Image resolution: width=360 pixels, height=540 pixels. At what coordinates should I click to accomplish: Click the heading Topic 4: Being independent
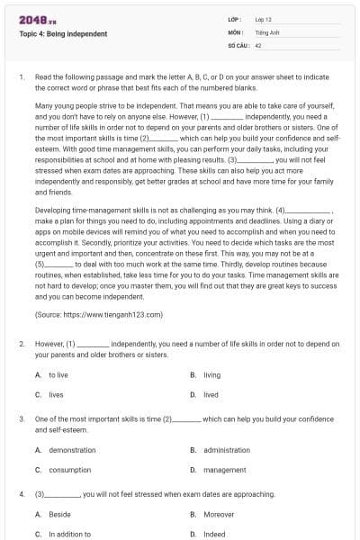click(63, 34)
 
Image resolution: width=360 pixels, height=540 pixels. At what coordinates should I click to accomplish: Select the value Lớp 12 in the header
click(265, 19)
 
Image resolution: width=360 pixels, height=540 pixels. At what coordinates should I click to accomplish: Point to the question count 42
click(258, 44)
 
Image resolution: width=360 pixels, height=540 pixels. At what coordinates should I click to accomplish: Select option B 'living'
click(211, 374)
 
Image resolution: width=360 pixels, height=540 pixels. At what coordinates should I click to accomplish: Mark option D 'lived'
click(211, 394)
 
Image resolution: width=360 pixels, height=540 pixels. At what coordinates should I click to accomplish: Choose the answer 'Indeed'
click(214, 534)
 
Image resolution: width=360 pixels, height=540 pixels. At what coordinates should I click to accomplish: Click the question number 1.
click(22, 78)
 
